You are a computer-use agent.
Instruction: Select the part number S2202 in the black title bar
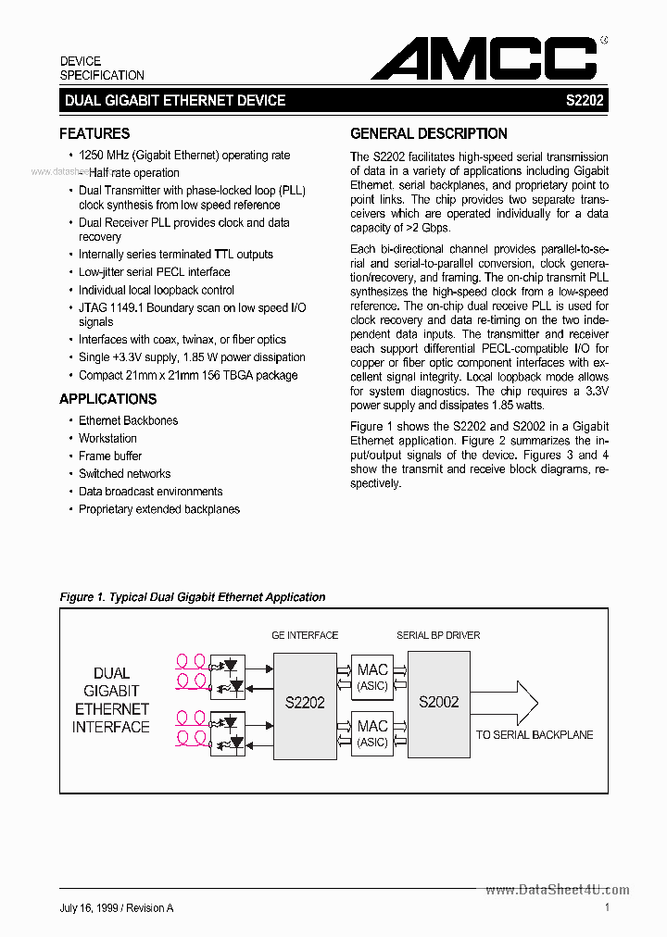(585, 100)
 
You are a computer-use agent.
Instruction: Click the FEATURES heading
(94, 133)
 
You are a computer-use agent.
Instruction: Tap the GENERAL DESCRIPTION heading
(429, 133)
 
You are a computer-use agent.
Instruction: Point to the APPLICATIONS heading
(107, 399)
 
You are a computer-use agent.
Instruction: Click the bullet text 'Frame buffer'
(110, 456)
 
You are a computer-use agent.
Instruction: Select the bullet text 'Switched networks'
(124, 473)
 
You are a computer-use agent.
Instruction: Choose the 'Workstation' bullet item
(107, 438)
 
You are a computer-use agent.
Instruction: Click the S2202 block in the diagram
(305, 703)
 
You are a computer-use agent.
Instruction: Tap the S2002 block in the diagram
(438, 702)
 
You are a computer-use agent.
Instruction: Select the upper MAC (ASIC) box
(372, 676)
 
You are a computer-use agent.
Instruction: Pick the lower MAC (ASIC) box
(372, 733)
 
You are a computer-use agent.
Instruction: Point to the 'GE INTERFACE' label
(305, 635)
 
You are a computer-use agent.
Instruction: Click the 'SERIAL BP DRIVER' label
(438, 635)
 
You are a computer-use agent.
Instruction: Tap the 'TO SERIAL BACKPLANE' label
(535, 734)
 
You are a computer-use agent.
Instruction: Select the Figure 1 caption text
(193, 597)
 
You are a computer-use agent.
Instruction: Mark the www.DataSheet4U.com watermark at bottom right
(557, 890)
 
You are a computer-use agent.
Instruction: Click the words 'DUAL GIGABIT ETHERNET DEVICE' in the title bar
(175, 100)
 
